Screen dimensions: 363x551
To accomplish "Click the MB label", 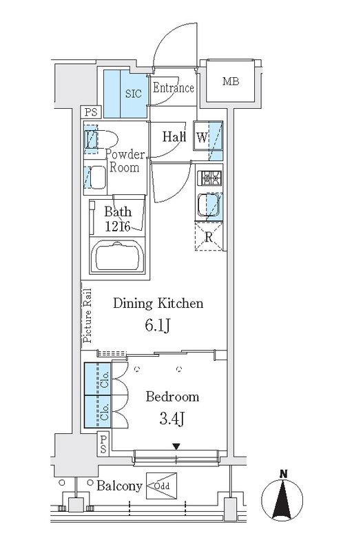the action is click(231, 81).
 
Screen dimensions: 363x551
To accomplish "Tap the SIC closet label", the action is click(134, 94).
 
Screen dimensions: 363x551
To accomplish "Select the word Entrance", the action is click(174, 87).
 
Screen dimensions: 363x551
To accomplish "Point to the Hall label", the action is click(174, 136).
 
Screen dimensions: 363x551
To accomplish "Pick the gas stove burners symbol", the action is click(209, 178).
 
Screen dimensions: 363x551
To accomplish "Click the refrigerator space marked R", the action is click(209, 236).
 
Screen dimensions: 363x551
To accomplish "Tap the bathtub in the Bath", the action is click(118, 256).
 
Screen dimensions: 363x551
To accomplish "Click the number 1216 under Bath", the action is click(118, 227).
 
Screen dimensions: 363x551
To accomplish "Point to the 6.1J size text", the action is click(158, 326).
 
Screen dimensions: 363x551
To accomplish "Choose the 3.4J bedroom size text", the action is click(172, 419).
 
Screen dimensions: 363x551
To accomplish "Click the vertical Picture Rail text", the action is click(87, 315).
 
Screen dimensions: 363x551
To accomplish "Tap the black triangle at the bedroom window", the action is click(176, 446).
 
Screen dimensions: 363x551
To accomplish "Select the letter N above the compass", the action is click(283, 474).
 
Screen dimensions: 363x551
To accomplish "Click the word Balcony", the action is click(119, 486).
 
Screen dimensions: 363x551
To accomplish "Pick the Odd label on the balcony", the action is click(162, 486).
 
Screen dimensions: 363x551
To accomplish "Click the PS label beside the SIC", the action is click(91, 112).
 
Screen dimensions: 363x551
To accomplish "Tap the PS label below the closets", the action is click(103, 444).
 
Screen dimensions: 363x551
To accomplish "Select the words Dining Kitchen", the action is click(158, 303).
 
